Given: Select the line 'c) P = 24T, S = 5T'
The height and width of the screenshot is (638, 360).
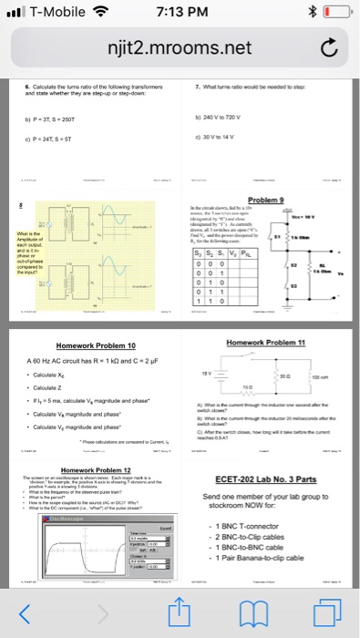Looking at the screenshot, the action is point(57,139).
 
